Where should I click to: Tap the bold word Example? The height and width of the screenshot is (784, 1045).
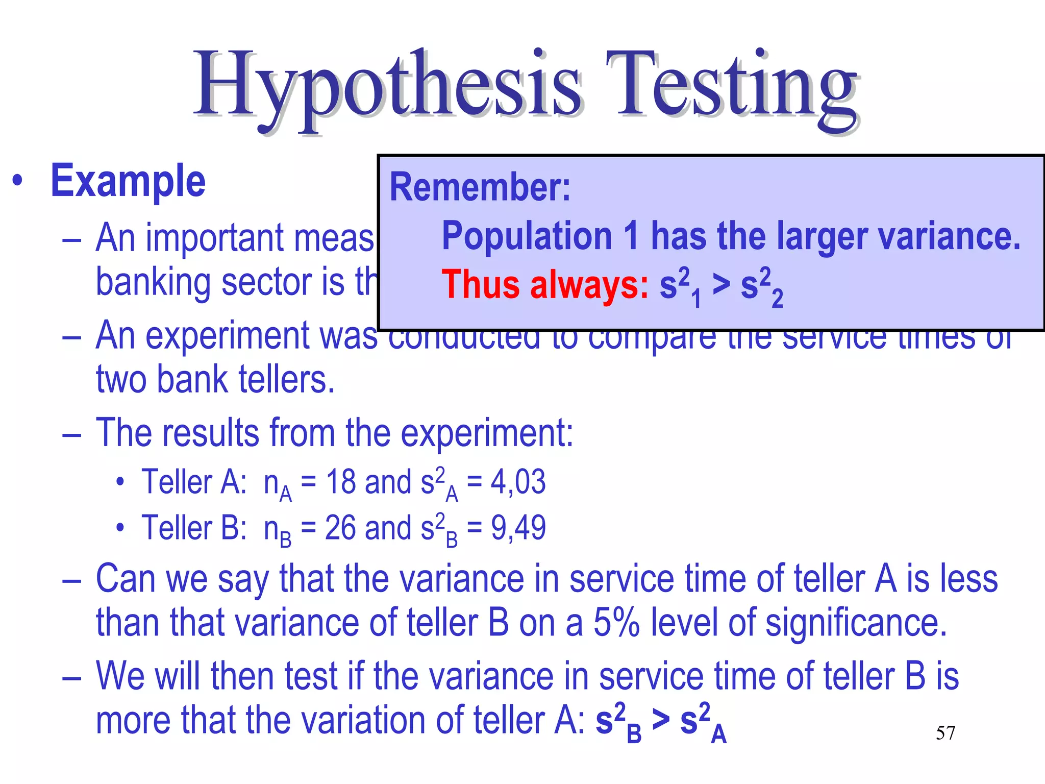[x=128, y=181]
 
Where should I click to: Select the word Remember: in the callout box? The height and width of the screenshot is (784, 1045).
[x=480, y=187]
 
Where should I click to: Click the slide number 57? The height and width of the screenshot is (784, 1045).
[x=945, y=733]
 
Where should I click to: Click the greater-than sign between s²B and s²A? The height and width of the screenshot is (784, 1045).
[x=661, y=720]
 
